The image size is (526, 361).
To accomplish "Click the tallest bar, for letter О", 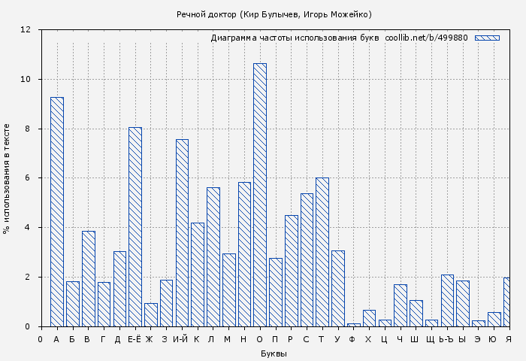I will point(260,195).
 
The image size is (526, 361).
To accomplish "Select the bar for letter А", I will point(57,211).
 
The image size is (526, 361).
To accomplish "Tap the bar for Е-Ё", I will point(135,226).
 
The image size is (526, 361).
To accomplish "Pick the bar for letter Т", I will point(322,252).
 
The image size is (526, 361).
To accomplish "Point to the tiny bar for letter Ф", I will point(354,325).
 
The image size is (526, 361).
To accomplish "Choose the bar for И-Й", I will point(182,232).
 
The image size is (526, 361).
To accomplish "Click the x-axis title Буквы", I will point(274,353).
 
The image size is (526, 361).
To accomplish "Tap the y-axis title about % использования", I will point(7,178).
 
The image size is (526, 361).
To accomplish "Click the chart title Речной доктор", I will point(274,14).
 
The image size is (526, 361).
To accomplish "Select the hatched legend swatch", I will point(487,38).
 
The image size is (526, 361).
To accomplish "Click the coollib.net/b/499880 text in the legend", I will point(426,38).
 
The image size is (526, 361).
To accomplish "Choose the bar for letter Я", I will point(507,302).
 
